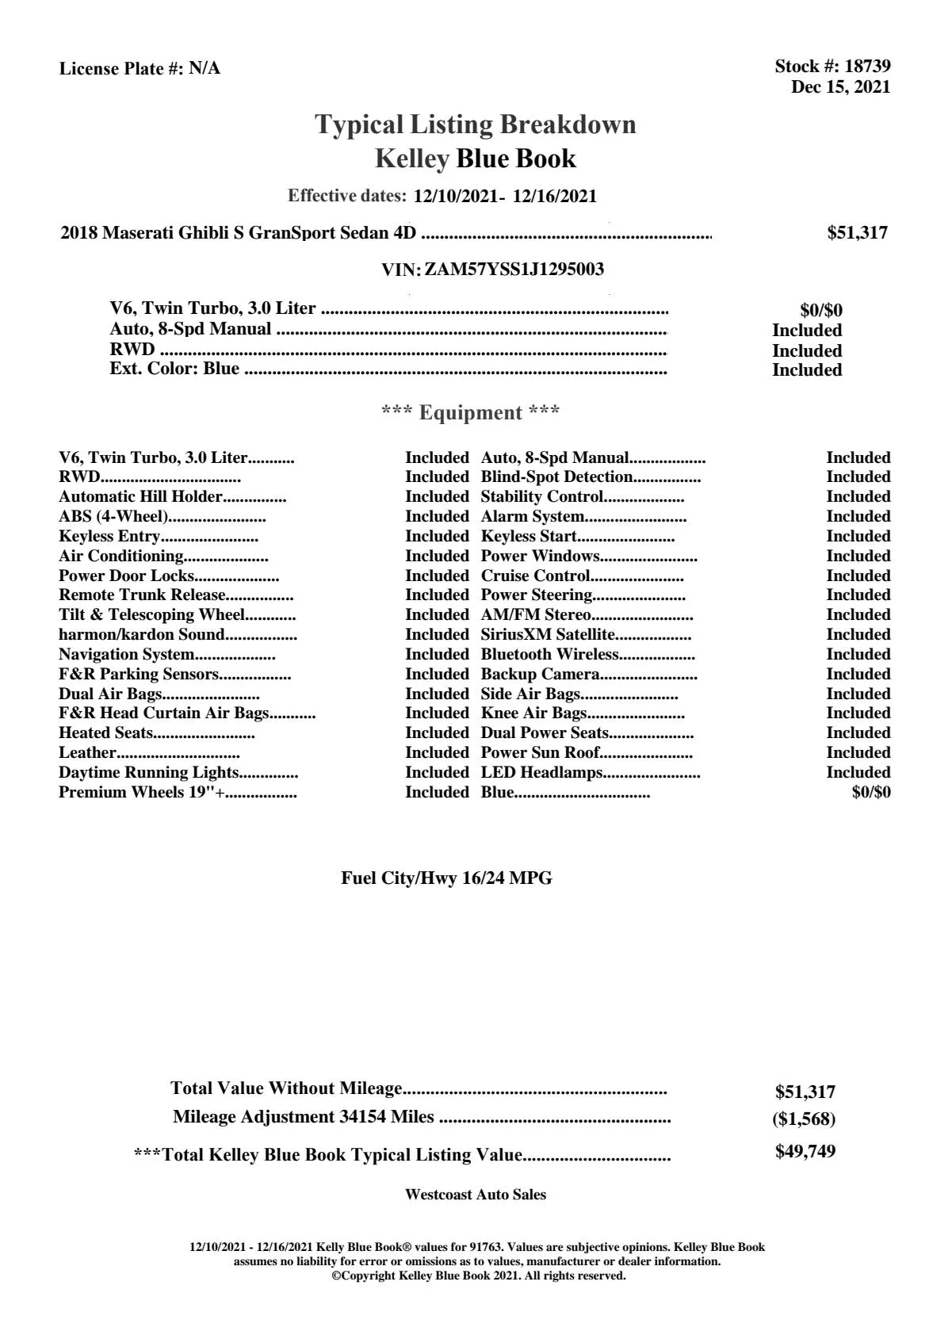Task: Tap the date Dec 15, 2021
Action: pyautogui.click(x=840, y=87)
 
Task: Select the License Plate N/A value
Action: pyautogui.click(x=205, y=69)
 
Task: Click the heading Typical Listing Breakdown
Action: pyautogui.click(x=476, y=124)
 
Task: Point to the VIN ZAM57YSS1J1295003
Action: pyautogui.click(x=514, y=270)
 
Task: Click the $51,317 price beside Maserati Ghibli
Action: pyautogui.click(x=857, y=233)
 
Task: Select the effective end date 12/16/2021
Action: pyautogui.click(x=554, y=196)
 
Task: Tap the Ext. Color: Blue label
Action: pyautogui.click(x=174, y=369)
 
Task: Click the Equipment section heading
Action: pyautogui.click(x=471, y=412)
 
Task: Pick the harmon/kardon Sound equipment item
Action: pyautogui.click(x=142, y=634)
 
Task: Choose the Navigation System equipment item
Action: pyautogui.click(x=127, y=654)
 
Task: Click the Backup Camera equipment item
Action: pyautogui.click(x=540, y=674)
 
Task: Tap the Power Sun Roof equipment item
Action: pyautogui.click(x=540, y=752)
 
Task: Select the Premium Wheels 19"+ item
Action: pyautogui.click(x=141, y=792)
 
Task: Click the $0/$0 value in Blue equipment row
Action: pyautogui.click(x=870, y=792)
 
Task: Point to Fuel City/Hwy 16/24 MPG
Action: pyautogui.click(x=446, y=878)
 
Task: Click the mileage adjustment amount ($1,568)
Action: pyautogui.click(x=805, y=1119)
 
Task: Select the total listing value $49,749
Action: pyautogui.click(x=805, y=1152)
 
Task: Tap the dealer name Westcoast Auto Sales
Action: pyautogui.click(x=475, y=1195)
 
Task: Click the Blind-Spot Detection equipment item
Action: pyautogui.click(x=556, y=476)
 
